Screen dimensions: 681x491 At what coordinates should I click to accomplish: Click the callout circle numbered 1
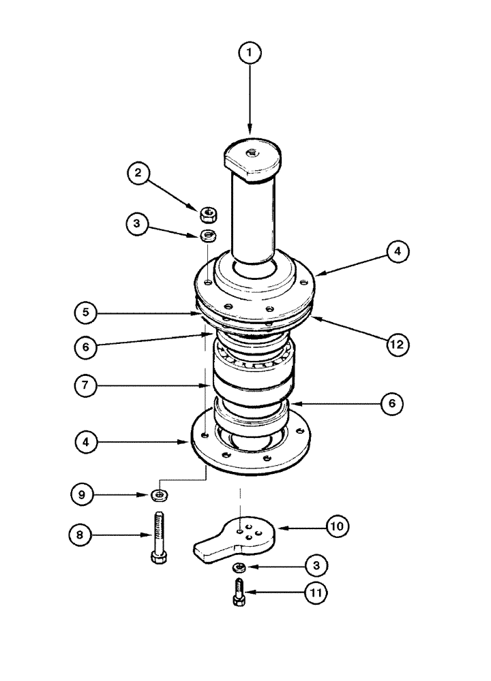click(250, 53)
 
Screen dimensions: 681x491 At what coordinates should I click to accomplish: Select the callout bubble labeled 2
click(138, 173)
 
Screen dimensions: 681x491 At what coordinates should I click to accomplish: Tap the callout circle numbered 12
click(397, 345)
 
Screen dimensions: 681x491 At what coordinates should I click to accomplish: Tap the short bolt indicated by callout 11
click(238, 594)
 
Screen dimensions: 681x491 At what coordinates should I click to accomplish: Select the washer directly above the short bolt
click(239, 567)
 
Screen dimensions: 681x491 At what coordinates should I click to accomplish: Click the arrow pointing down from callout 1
click(250, 102)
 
